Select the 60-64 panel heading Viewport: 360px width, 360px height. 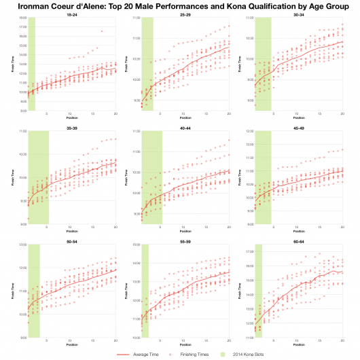click(x=297, y=240)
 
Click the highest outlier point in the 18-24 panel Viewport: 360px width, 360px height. click(x=102, y=31)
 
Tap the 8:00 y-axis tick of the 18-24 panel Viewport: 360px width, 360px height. click(x=22, y=110)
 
